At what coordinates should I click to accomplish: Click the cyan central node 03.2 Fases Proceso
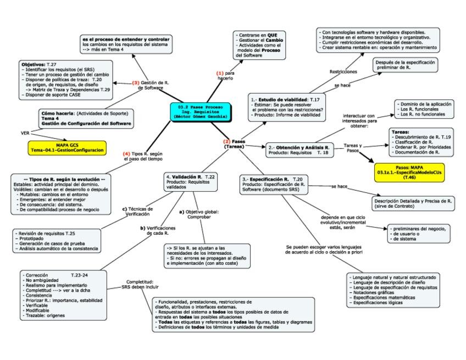199,112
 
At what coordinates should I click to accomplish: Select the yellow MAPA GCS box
67,147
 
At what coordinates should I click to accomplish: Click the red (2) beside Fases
226,142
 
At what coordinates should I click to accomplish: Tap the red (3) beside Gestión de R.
136,82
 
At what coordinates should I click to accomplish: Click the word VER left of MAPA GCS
25,133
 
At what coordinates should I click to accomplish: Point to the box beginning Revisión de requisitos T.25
56,241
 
